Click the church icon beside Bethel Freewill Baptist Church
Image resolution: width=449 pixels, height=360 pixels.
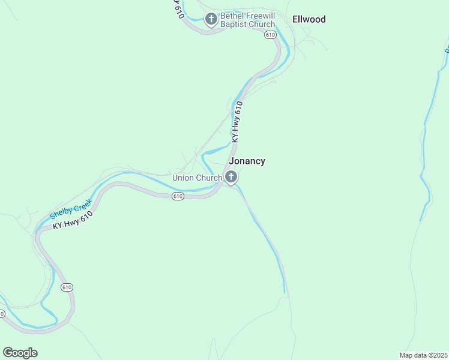pyautogui.click(x=211, y=19)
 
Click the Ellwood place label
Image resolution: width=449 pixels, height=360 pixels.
pyautogui.click(x=309, y=19)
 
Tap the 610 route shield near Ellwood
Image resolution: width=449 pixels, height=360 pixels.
pyautogui.click(x=270, y=35)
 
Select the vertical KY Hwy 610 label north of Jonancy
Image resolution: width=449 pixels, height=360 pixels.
pyautogui.click(x=237, y=122)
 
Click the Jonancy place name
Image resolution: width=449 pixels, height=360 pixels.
pyautogui.click(x=247, y=161)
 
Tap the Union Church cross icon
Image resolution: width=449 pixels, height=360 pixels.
pyautogui.click(x=231, y=177)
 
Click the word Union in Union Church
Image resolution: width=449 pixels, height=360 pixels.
pyautogui.click(x=184, y=178)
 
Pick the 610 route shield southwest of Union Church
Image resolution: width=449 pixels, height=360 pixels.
pyautogui.click(x=177, y=196)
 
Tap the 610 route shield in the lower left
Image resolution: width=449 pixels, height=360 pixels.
pyautogui.click(x=67, y=287)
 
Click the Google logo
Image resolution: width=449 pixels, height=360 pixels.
pyautogui.click(x=20, y=353)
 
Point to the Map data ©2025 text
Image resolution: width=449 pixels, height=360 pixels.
pyautogui.click(x=423, y=355)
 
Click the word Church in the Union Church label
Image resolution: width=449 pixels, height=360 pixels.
pyautogui.click(x=209, y=178)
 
